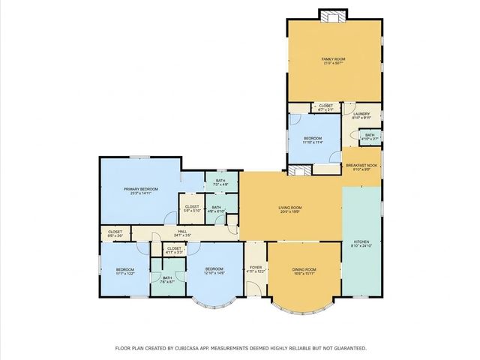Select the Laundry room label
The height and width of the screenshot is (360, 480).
coord(361,115)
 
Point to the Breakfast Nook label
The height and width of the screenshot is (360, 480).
coord(361,166)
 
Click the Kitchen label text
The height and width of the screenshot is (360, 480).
coord(361,242)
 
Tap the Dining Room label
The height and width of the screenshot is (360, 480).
coord(304,270)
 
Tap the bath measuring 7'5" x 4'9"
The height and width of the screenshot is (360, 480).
coord(220,181)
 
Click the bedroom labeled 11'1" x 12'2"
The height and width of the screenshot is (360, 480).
coord(124,270)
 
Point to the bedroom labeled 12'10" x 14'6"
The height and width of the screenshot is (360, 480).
coord(214,270)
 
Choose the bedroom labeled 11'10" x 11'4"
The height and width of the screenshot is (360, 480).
coord(313,139)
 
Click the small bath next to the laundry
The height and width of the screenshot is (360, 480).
coord(370,136)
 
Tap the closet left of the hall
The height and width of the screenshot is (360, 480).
coord(115,233)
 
